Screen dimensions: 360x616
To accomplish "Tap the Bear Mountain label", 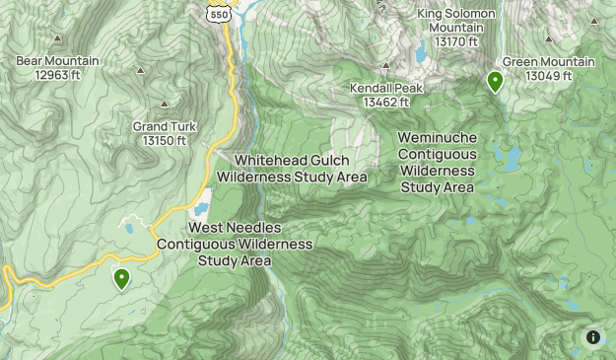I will coord(57,61).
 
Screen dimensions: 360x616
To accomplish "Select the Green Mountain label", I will coord(549,62).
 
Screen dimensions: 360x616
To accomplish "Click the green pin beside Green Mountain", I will coord(495,81).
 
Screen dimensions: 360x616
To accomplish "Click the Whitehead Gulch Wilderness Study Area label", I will coord(292,169).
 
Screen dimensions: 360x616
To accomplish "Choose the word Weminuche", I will coord(438,139).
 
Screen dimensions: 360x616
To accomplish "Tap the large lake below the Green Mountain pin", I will coord(509,156).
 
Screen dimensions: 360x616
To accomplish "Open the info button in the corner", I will coord(593,337).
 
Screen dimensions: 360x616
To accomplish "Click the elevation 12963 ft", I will coord(57,75).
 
